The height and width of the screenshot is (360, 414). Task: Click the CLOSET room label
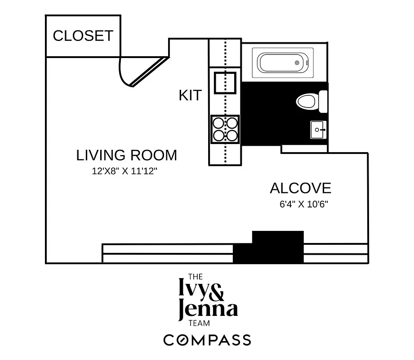(x=83, y=36)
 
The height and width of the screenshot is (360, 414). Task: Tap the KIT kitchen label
(x=190, y=95)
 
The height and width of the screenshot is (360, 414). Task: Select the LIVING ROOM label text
(x=126, y=155)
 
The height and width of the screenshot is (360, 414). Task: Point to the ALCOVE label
(x=300, y=188)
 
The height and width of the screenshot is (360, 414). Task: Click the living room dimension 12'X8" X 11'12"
(x=124, y=171)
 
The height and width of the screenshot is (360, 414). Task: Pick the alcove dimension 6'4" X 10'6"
(x=304, y=204)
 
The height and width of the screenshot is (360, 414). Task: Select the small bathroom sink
(x=318, y=130)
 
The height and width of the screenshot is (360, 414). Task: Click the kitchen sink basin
(x=225, y=82)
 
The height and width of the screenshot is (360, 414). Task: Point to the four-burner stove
(x=225, y=129)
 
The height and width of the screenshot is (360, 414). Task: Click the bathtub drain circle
(x=297, y=63)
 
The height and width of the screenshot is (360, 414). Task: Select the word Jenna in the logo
(x=208, y=310)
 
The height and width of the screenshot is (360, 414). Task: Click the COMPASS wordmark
(x=207, y=340)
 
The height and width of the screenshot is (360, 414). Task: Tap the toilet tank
(x=323, y=101)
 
